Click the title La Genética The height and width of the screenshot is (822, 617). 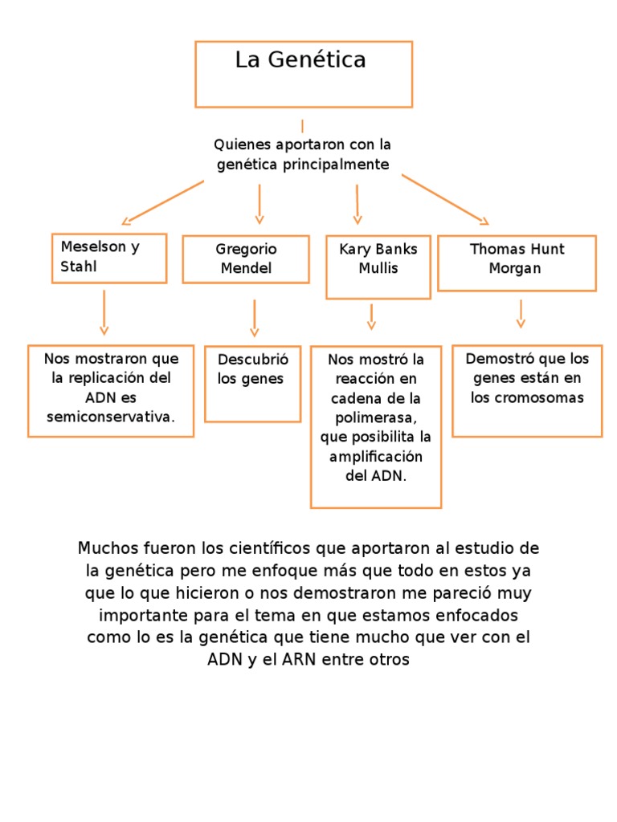[x=300, y=60]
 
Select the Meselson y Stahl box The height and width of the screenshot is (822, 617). [x=109, y=258]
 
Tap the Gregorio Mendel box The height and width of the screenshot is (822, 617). [x=246, y=258]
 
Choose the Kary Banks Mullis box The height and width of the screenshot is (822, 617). [x=378, y=266]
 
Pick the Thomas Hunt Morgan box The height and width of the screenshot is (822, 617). [x=517, y=262]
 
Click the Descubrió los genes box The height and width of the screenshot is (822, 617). [x=252, y=384]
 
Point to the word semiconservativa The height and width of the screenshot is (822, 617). [x=110, y=417]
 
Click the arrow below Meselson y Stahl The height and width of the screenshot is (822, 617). [x=104, y=312]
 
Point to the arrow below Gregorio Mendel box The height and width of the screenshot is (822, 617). [x=255, y=318]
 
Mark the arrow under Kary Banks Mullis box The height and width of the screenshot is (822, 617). [x=371, y=316]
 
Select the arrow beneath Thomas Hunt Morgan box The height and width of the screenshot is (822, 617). [x=521, y=313]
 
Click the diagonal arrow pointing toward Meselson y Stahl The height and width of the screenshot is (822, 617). [x=162, y=202]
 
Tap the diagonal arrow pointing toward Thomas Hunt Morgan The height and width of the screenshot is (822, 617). [x=445, y=199]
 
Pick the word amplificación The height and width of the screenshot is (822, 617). [x=375, y=456]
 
